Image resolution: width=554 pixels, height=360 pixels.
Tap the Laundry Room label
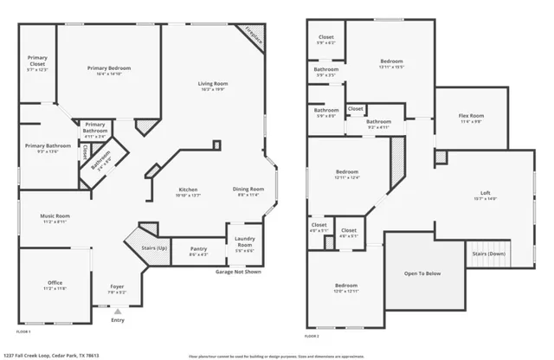click(x=244, y=243)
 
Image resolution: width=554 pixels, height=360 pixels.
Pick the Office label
click(x=55, y=283)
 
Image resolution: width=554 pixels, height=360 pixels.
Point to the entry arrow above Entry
click(x=118, y=311)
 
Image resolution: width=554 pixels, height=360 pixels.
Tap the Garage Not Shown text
click(x=238, y=272)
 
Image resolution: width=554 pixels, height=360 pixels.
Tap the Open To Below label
click(x=422, y=273)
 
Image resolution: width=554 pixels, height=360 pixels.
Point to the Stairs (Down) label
click(x=489, y=254)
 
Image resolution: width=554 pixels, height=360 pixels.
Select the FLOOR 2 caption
click(x=312, y=336)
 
